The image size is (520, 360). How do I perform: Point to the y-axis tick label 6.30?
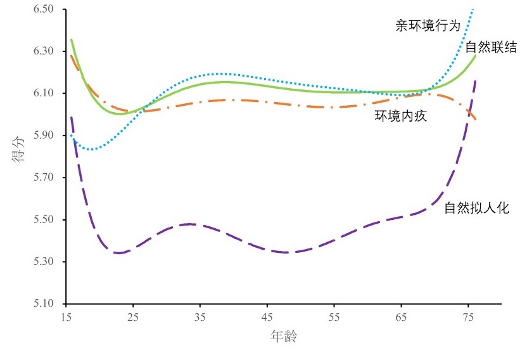coord(45,51)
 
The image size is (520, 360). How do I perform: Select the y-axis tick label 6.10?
coord(45,93)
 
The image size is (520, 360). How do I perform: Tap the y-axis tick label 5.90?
coord(45,136)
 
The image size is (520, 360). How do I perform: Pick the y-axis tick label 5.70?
coord(45,177)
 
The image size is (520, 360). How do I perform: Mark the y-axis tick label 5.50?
coord(45,220)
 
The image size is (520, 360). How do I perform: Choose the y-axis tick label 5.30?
coord(45,262)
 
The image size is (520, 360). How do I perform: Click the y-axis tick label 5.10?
coord(45,304)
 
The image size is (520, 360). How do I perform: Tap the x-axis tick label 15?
coord(66,315)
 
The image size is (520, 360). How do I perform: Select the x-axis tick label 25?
coord(133,315)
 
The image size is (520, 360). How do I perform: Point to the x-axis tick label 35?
coord(200,315)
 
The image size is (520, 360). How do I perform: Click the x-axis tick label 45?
coord(267,315)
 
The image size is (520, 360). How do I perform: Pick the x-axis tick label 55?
coord(334,315)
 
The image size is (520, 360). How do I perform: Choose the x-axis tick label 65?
coord(402,315)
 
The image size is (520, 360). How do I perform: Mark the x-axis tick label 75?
coord(469,315)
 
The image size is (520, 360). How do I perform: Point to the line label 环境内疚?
coord(396,116)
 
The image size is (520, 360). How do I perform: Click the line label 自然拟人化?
coord(476,207)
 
